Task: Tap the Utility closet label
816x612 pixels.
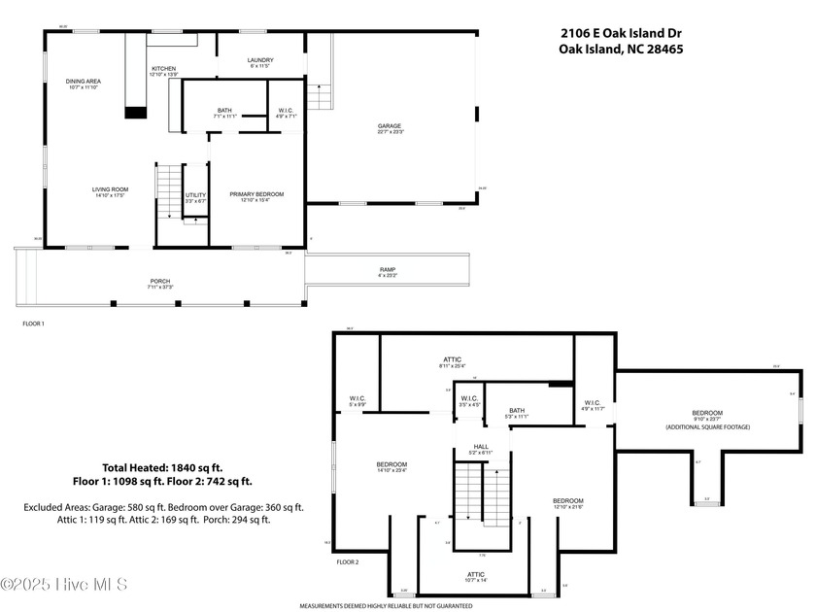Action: (x=195, y=197)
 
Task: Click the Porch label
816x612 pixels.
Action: (x=159, y=284)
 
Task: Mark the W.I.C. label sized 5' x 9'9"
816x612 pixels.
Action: (x=357, y=401)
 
